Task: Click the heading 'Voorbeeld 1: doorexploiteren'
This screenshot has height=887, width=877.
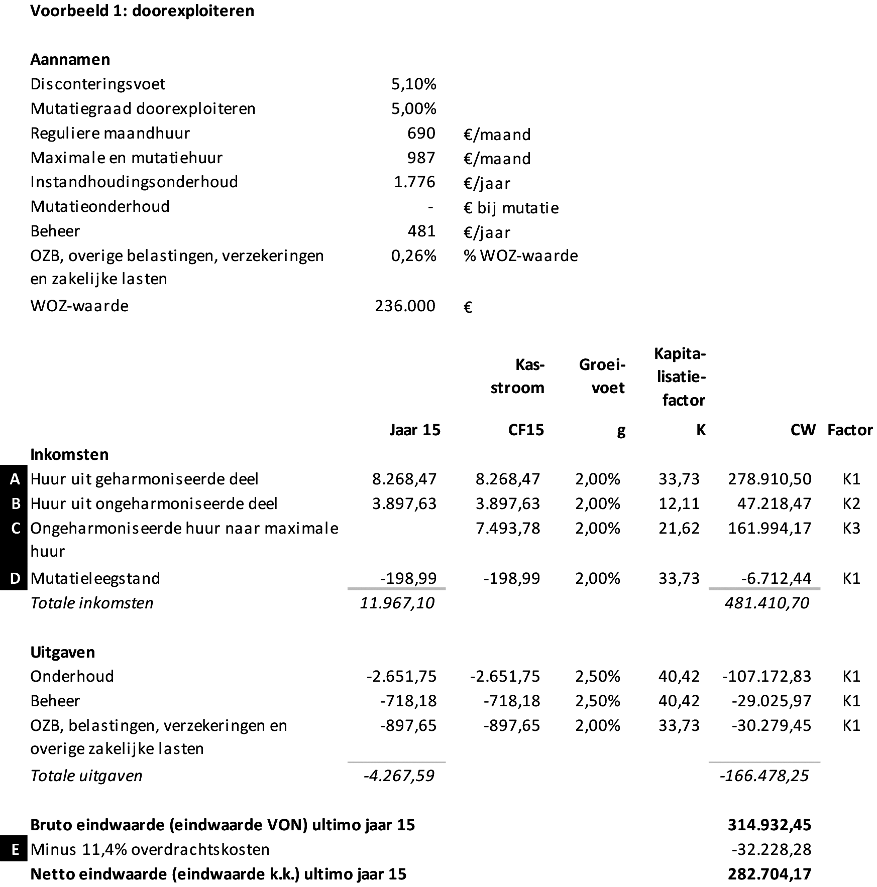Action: (142, 11)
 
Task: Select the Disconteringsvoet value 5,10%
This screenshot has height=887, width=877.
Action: (413, 84)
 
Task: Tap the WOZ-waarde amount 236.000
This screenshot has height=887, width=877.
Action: (405, 306)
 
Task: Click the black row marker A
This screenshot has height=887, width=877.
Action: (15, 479)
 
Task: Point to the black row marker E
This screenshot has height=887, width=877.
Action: (15, 849)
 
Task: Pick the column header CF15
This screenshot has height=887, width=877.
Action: (526, 430)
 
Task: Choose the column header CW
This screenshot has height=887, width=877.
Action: (803, 430)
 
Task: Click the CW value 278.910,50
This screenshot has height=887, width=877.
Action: (770, 479)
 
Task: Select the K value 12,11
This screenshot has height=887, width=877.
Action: (679, 503)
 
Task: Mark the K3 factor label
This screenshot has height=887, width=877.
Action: (851, 528)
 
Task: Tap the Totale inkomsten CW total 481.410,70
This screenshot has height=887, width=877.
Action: (767, 602)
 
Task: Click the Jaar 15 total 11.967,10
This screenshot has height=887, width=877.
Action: (397, 602)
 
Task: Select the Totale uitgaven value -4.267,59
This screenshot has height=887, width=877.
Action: (399, 776)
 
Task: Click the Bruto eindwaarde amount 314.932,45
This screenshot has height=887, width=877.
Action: (770, 825)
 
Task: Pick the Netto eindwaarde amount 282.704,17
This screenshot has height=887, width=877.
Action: (770, 874)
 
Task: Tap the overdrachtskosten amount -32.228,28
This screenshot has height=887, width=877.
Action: (772, 849)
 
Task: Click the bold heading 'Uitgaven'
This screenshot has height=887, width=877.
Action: (62, 652)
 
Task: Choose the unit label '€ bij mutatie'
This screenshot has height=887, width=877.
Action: (511, 208)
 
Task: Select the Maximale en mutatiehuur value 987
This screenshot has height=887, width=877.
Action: (421, 158)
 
